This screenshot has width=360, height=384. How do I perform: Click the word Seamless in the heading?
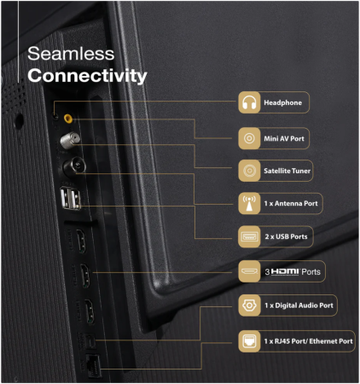71,54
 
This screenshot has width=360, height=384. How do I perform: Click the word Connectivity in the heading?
87,76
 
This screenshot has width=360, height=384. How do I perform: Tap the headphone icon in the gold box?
249,102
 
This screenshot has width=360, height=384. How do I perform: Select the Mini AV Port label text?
284,138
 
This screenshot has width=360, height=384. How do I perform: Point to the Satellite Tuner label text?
287,171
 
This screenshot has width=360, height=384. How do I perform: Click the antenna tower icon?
249,203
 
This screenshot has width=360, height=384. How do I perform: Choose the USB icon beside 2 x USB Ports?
249,236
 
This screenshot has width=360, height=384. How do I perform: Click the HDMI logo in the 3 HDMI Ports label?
285,271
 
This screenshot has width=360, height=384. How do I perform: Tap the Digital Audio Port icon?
249,305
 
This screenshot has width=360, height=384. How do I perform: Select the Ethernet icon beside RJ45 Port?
249,341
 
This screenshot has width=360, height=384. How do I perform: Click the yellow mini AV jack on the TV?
68,119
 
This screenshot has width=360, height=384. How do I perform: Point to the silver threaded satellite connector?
70,140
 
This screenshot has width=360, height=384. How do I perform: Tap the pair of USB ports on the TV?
70,199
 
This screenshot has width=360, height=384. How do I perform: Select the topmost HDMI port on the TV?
81,241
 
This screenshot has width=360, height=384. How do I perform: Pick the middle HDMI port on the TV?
85,276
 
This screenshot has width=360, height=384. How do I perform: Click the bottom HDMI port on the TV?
90,311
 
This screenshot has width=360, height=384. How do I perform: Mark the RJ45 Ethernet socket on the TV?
93,365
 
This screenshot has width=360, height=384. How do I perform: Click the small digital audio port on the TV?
90,340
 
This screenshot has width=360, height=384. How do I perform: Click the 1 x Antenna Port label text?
291,203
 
